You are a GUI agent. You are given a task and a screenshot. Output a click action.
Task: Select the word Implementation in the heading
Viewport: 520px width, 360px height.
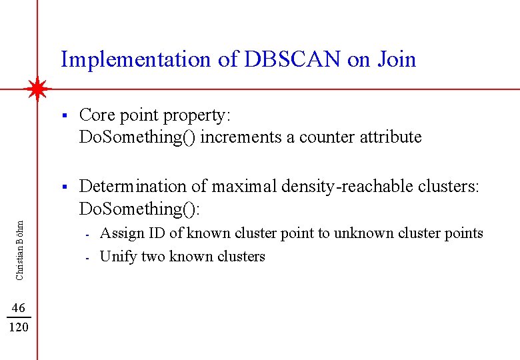tap(135, 60)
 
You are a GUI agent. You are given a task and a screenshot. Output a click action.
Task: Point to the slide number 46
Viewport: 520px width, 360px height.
tap(19, 307)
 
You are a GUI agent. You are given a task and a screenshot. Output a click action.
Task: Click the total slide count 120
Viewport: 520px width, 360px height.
tap(19, 327)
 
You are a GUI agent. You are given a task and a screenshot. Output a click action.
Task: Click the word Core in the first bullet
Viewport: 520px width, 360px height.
tap(96, 115)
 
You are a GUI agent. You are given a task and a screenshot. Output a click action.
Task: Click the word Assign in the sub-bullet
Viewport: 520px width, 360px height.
tap(121, 233)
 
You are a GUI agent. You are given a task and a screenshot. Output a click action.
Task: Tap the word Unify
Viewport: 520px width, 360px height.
tap(117, 257)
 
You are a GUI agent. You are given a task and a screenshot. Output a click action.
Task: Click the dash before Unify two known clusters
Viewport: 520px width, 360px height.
tap(87, 257)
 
